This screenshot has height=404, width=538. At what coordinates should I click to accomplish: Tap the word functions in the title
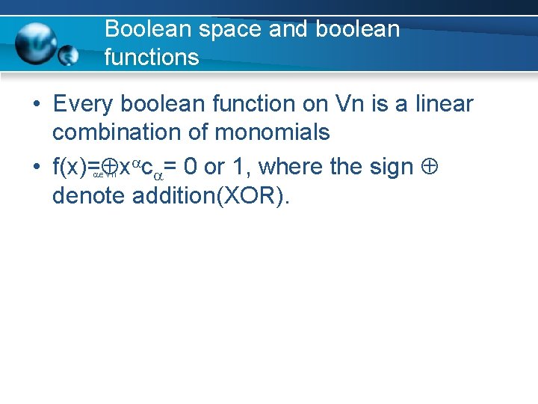(x=152, y=57)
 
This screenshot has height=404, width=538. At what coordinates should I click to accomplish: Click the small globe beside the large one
(x=69, y=55)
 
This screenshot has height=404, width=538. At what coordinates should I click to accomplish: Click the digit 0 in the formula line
(x=193, y=167)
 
